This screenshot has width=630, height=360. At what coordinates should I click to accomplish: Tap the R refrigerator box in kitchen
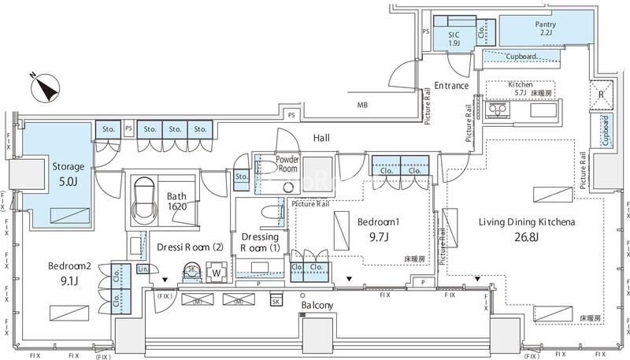[601, 95]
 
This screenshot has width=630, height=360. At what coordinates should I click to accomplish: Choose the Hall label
[321, 139]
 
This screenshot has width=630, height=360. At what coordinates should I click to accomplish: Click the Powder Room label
[287, 164]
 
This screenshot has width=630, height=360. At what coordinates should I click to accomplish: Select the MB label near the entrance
[362, 106]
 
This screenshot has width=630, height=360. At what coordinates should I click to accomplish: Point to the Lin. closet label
[143, 269]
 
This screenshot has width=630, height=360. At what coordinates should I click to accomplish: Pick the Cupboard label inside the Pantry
[521, 57]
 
